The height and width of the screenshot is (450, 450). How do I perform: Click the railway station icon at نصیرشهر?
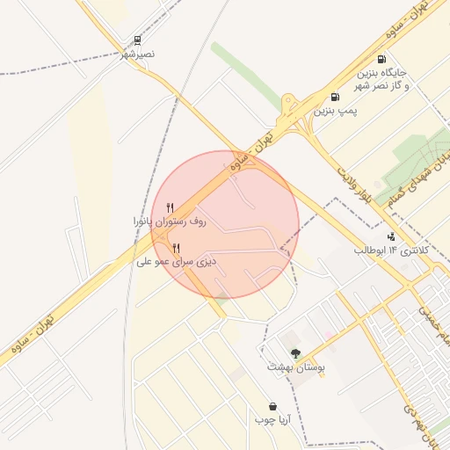tap(137, 40)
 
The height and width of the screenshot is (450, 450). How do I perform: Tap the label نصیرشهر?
tap(137, 54)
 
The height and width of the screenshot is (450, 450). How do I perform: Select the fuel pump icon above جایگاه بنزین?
tap(381, 59)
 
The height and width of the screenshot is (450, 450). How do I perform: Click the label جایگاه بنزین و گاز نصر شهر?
tap(381, 78)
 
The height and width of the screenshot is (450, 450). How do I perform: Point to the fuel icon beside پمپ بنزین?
tap(335, 97)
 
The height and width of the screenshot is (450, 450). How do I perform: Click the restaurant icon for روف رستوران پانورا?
tap(170, 208)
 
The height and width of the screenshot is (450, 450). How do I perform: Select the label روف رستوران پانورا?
tap(169, 222)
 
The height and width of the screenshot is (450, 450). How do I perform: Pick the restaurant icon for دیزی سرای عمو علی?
tap(177, 248)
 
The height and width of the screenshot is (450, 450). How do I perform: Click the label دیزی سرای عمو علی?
tap(176, 262)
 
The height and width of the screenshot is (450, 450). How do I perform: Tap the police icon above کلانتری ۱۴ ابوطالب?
tap(390, 236)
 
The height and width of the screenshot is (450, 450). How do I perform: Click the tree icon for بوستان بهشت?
tap(295, 352)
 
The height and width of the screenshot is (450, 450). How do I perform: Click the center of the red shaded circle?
tap(225, 225)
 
